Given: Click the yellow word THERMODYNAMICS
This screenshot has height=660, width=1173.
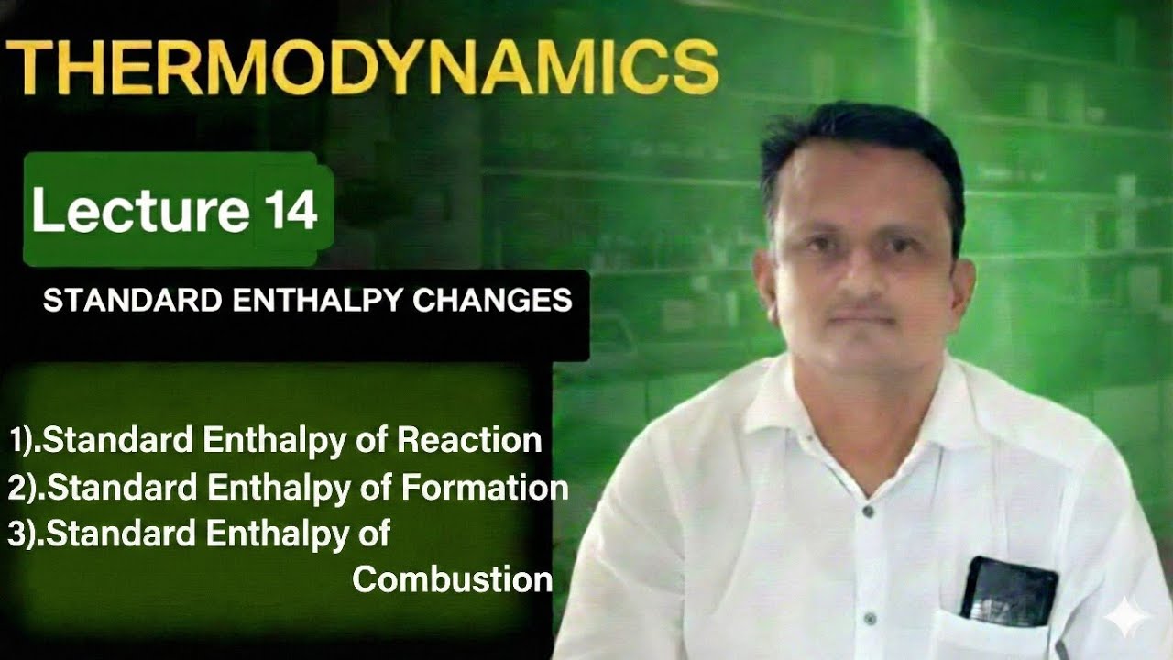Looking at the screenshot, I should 361,66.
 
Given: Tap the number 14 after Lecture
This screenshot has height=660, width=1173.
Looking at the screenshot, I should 292,210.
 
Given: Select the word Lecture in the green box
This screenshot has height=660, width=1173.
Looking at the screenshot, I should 140,211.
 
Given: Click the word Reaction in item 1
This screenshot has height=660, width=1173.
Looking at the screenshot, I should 469,441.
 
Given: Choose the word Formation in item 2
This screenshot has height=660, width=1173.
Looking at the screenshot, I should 485,488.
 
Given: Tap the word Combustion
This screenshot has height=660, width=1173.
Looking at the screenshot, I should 453,579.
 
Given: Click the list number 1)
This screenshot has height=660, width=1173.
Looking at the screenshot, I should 24,442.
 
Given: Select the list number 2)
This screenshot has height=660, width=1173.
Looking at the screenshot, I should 26,489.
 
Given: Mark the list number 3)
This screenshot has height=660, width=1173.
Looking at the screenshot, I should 26,534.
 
